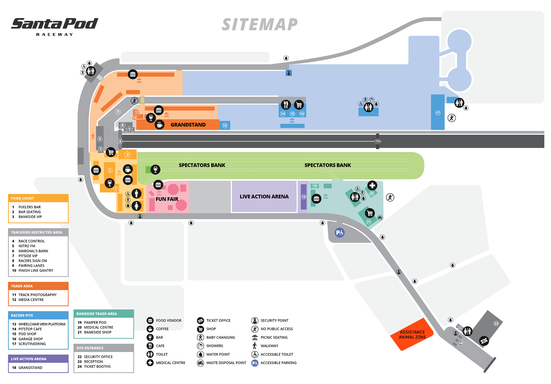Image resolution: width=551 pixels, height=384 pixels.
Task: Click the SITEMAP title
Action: pyautogui.click(x=260, y=24)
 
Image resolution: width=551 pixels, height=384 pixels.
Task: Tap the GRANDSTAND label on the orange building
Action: pyautogui.click(x=188, y=125)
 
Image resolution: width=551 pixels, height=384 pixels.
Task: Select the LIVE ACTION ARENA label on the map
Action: pyautogui.click(x=264, y=196)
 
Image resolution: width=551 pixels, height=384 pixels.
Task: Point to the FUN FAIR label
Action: pyautogui.click(x=167, y=199)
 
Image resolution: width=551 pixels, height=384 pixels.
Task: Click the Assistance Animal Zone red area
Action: pyautogui.click(x=412, y=335)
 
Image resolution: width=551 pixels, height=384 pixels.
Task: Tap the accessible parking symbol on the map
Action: pyautogui.click(x=339, y=233)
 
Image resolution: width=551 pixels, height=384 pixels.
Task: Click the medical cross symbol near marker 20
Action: pyautogui.click(x=372, y=186)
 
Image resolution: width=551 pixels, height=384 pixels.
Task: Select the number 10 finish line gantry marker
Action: pyautogui.click(x=377, y=141)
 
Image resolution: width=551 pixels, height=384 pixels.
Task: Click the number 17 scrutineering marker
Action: pyautogui.click(x=438, y=113)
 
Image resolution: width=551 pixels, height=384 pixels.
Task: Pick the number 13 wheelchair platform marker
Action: pyautogui.click(x=225, y=126)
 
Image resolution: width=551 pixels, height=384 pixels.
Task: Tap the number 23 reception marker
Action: pyautogui.click(x=496, y=323)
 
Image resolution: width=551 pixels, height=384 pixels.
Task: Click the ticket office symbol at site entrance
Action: pyautogui.click(x=484, y=341)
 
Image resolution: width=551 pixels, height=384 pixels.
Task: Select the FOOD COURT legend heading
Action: pyautogui.click(x=22, y=198)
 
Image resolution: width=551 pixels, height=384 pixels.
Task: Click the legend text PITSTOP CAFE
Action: pyautogui.click(x=30, y=329)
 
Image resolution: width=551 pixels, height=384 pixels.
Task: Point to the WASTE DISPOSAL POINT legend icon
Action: pyautogui.click(x=200, y=363)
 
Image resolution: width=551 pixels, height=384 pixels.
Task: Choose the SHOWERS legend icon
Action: pyautogui.click(x=200, y=346)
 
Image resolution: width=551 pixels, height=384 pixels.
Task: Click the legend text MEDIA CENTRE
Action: pyautogui.click(x=31, y=300)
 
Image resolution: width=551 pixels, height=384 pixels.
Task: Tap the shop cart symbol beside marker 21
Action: pyautogui.click(x=370, y=213)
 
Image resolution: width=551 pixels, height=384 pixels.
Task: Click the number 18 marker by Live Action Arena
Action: pyautogui.click(x=304, y=197)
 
